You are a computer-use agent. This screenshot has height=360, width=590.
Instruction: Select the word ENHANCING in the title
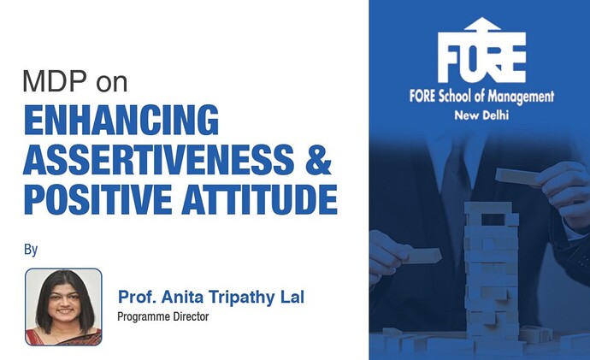119,121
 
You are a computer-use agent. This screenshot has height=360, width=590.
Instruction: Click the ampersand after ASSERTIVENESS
314,160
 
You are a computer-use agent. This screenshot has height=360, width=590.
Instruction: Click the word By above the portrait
32,251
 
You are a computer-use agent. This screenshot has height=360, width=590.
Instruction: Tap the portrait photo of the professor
63,306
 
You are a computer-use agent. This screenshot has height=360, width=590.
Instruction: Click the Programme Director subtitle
162,316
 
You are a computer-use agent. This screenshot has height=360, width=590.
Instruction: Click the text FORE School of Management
481,97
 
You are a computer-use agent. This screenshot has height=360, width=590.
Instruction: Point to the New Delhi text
481,115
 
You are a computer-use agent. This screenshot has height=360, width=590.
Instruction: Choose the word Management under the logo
521,97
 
